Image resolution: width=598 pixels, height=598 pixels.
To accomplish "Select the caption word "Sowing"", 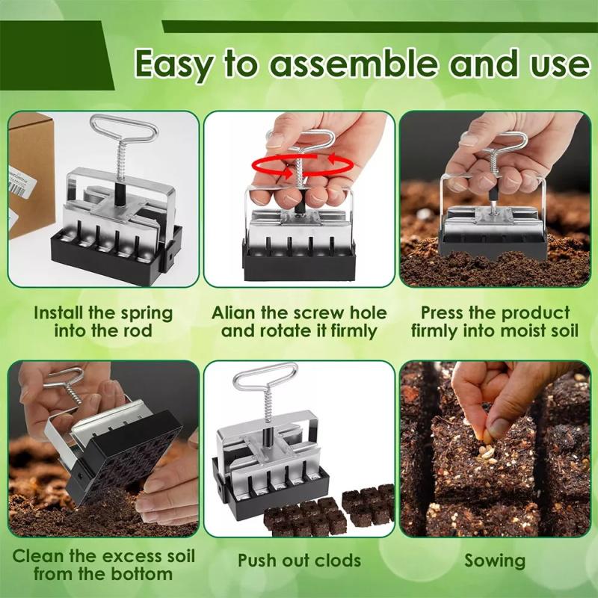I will (494, 560).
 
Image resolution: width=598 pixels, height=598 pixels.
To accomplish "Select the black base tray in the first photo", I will (112, 258).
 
